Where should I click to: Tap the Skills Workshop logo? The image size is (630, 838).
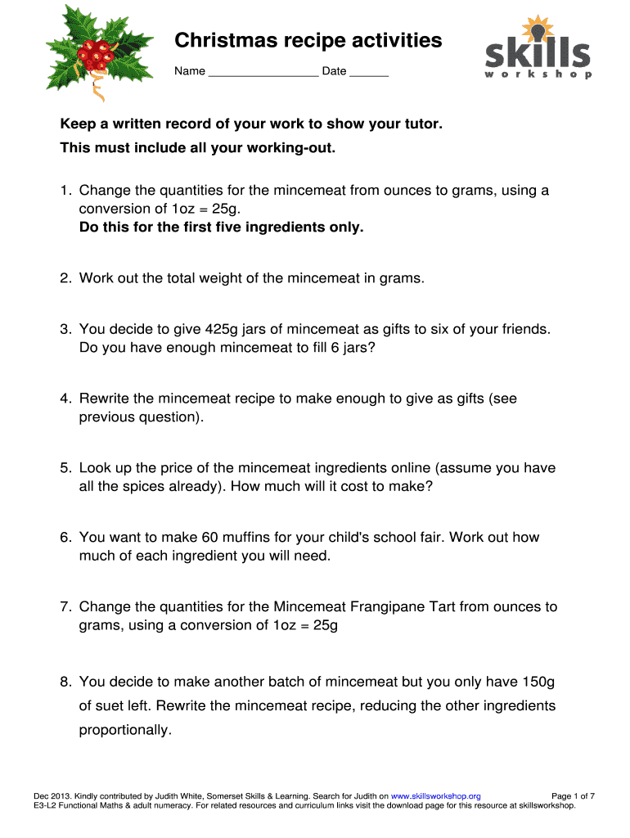pyautogui.click(x=536, y=48)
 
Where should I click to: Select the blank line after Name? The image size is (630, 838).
pyautogui.click(x=263, y=72)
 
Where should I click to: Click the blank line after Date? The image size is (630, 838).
pyautogui.click(x=369, y=72)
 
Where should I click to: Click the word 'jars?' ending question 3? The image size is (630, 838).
pyautogui.click(x=359, y=347)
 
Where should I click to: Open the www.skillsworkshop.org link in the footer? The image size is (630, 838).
pyautogui.click(x=436, y=795)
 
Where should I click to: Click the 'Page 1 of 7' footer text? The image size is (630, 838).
pyautogui.click(x=574, y=795)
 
